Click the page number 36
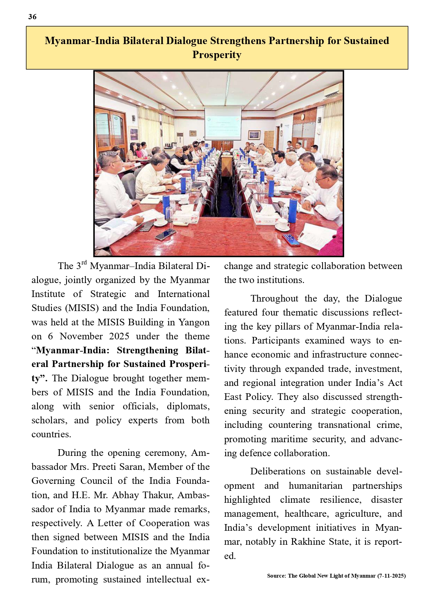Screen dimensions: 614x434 coord(32,17)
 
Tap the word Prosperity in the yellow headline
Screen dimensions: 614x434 coord(217,55)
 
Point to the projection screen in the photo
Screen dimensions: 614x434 coord(223,122)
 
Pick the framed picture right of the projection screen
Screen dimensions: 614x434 coord(254,135)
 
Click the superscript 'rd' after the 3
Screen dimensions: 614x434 coord(84,262)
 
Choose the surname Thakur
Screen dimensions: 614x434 coord(159,495)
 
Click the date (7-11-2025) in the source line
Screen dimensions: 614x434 coord(391,576)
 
